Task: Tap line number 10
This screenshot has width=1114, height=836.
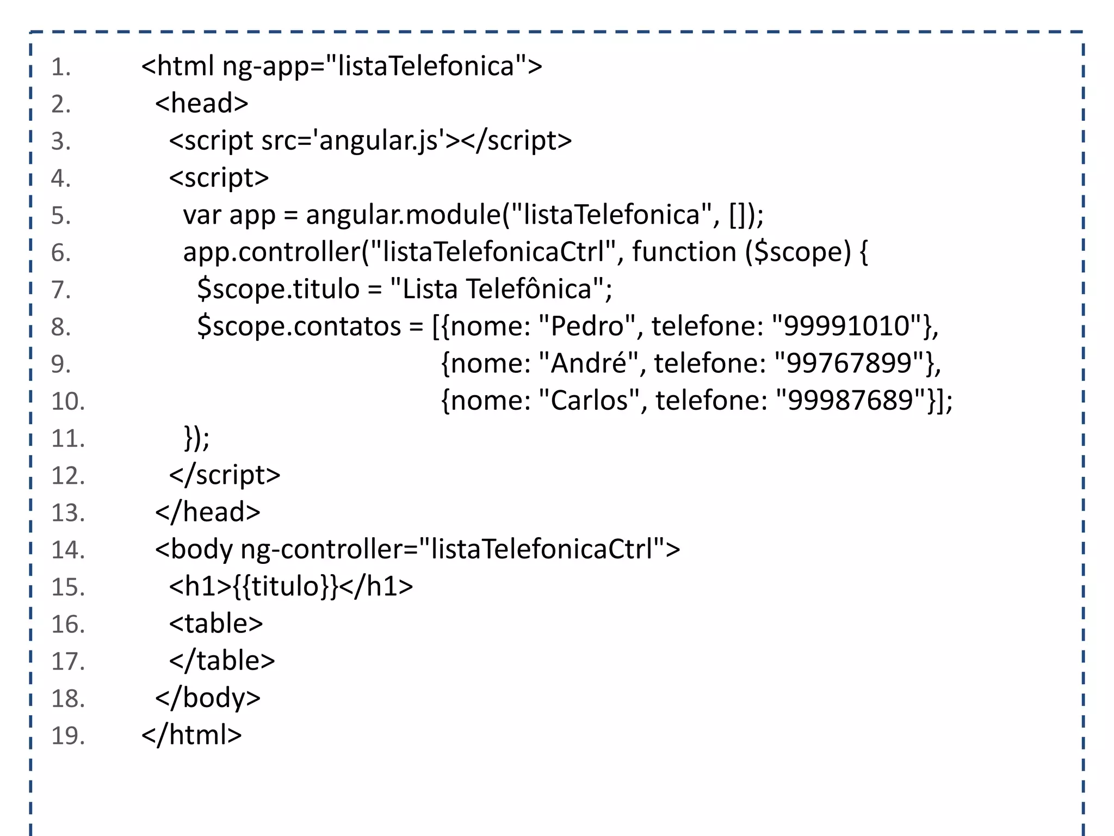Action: click(x=68, y=402)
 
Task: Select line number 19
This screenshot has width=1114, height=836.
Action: click(x=68, y=736)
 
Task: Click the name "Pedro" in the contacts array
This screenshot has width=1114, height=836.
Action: click(x=587, y=327)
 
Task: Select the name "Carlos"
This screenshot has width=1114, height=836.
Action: click(x=589, y=401)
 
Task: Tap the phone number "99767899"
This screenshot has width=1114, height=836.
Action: click(x=849, y=364)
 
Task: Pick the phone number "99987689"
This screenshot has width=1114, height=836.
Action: click(x=851, y=401)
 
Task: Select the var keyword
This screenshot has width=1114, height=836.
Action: click(x=202, y=216)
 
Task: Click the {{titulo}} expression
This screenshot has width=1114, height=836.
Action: click(x=286, y=587)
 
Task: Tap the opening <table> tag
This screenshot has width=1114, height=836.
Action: click(x=216, y=624)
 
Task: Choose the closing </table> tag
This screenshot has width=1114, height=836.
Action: click(x=222, y=661)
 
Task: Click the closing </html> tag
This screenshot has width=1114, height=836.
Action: click(x=191, y=735)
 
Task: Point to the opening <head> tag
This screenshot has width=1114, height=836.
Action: click(x=202, y=104)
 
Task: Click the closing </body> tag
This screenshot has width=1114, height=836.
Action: click(x=208, y=698)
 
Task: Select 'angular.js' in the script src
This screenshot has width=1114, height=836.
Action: click(x=379, y=141)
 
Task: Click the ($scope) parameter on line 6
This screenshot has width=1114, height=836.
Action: click(x=798, y=253)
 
